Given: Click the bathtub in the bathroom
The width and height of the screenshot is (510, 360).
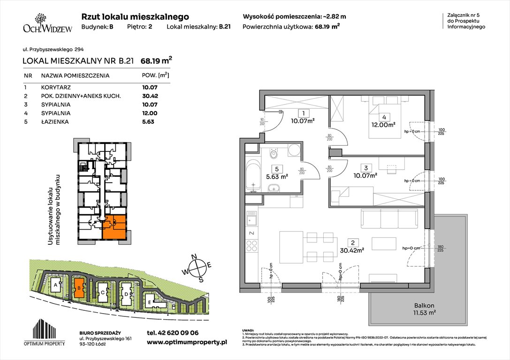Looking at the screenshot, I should coord(253,175).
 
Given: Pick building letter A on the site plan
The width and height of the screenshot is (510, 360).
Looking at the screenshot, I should coord(56,285).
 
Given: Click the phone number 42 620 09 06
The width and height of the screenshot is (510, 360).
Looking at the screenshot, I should coord(172,332).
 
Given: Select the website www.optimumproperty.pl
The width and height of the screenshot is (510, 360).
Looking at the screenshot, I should coord(187,343).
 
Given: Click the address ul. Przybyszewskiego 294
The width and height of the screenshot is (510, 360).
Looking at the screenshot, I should coord(53,49).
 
